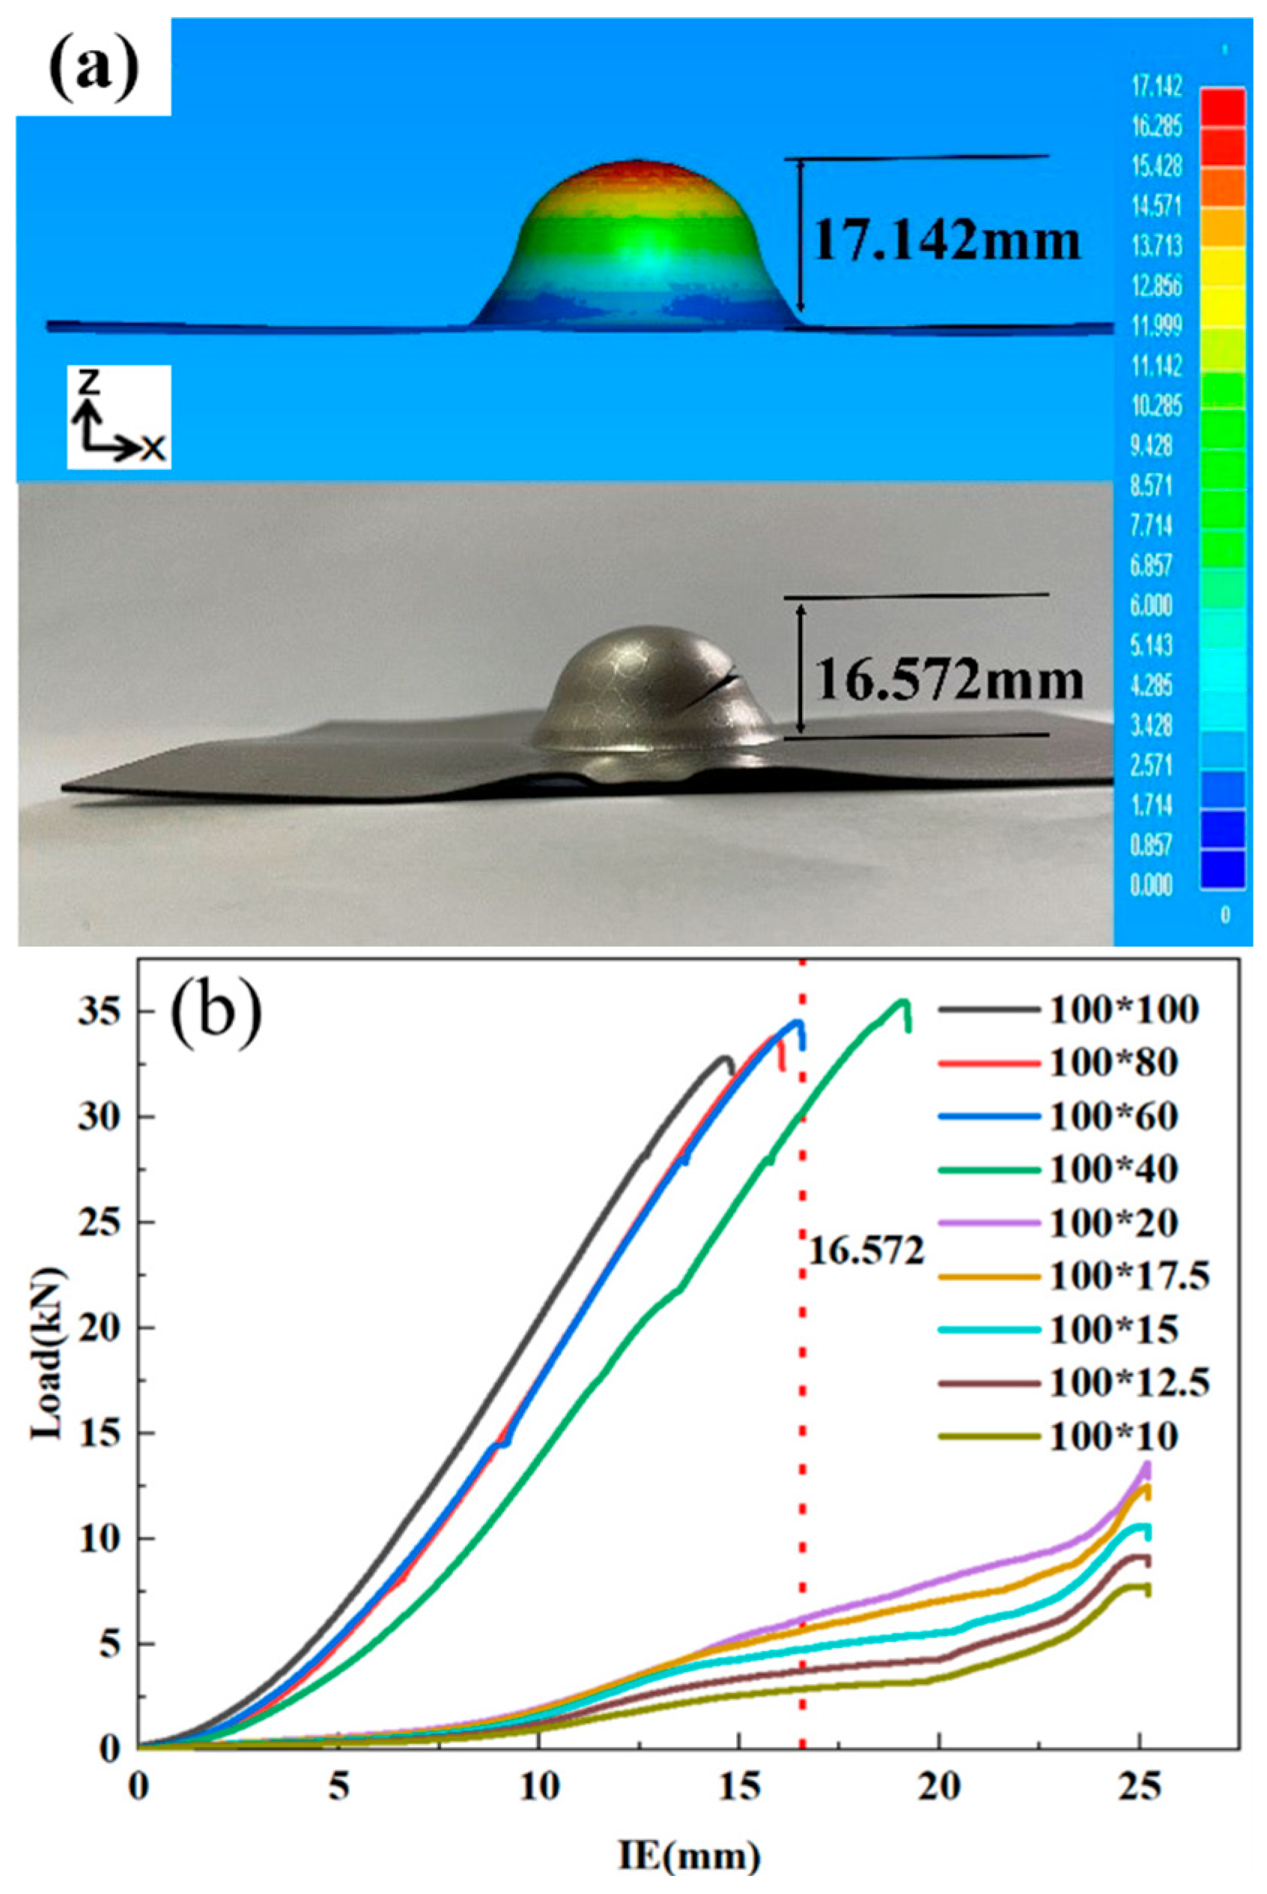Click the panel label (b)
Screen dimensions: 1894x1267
tap(214, 1012)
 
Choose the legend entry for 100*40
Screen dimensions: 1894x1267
tap(1058, 1169)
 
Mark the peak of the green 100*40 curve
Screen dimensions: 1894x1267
tap(902, 1002)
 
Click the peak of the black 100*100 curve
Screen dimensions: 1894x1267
tap(725, 1057)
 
